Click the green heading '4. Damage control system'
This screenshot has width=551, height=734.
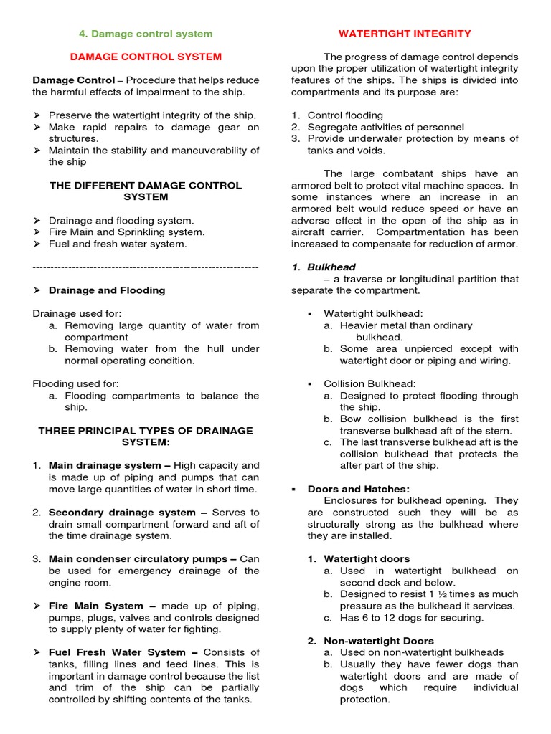(x=145, y=34)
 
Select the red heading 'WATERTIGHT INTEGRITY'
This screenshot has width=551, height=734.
(x=405, y=34)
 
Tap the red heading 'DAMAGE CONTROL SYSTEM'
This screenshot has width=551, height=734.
(x=145, y=57)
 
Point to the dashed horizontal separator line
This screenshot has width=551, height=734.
(x=145, y=267)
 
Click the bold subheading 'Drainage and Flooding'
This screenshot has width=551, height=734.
(x=106, y=290)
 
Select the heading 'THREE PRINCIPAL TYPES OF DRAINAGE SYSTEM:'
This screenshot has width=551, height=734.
(x=145, y=436)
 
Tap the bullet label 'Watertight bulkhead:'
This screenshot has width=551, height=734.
(x=373, y=313)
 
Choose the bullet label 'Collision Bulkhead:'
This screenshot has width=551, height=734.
(x=369, y=383)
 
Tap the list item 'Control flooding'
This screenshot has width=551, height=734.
(x=345, y=115)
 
